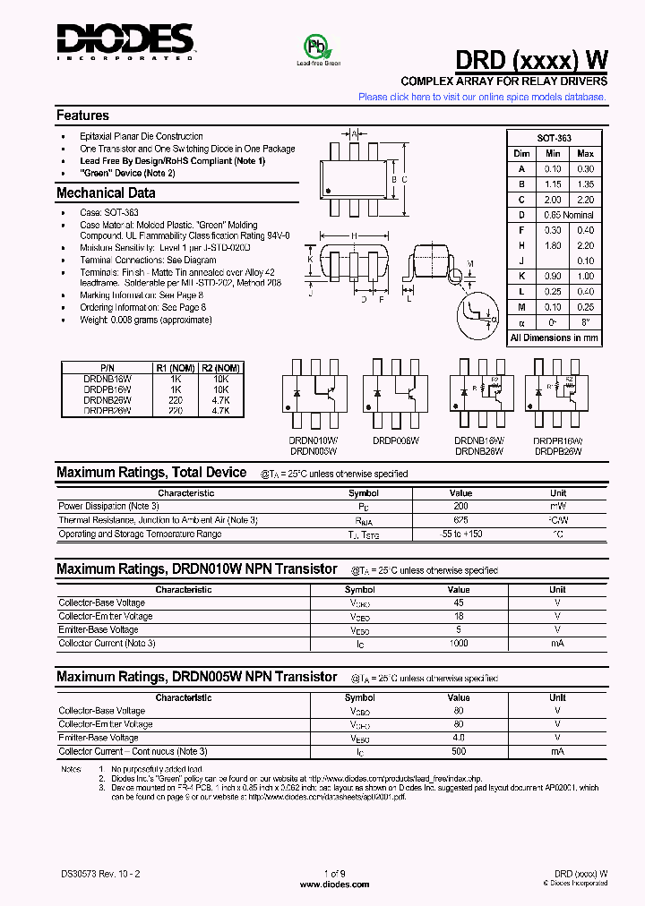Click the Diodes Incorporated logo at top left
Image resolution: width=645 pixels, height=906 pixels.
(x=125, y=40)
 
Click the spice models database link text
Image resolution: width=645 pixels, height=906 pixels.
(x=482, y=97)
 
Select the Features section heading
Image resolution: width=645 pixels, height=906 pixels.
(x=82, y=115)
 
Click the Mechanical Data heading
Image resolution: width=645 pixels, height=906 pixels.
(x=106, y=193)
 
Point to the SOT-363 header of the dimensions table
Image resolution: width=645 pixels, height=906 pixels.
(x=554, y=139)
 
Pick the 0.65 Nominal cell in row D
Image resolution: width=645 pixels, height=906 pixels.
(x=568, y=215)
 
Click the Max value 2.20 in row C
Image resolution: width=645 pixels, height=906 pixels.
(x=585, y=200)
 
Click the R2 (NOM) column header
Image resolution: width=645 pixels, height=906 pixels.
(x=220, y=367)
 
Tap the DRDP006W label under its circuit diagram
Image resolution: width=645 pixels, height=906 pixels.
(x=394, y=440)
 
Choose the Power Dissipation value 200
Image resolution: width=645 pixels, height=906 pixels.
(x=460, y=507)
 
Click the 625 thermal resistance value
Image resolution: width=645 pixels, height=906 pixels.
(x=460, y=520)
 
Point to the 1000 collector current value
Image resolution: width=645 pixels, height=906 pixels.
(x=458, y=644)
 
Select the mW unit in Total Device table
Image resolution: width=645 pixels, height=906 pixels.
(x=558, y=507)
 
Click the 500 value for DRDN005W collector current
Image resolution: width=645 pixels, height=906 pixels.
(x=458, y=751)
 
